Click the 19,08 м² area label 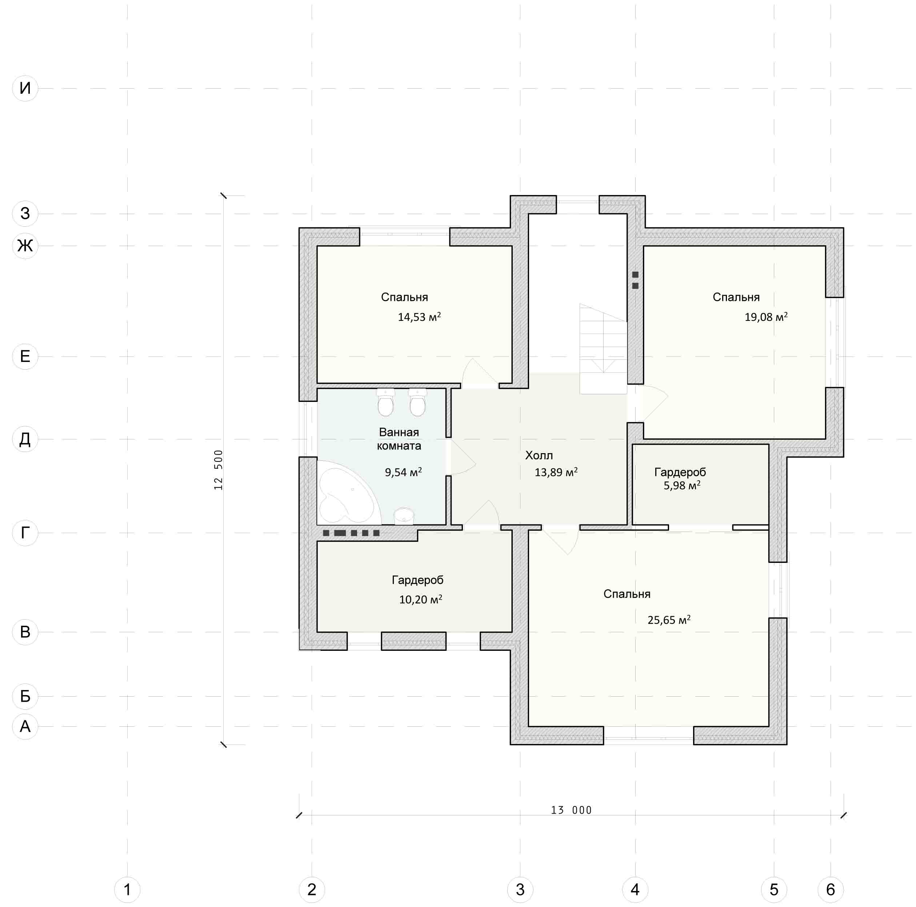(x=766, y=317)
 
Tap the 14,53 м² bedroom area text (x=419, y=317)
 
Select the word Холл (x=539, y=455)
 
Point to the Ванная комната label (x=399, y=439)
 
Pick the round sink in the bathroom (x=404, y=516)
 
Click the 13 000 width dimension (x=571, y=810)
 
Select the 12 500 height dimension (x=218, y=469)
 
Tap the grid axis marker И (x=25, y=88)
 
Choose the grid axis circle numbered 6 (x=831, y=890)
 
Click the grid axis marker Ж (x=25, y=246)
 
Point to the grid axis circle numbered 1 (x=127, y=890)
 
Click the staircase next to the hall (x=603, y=349)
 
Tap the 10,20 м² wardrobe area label (x=420, y=600)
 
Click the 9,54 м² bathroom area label (x=403, y=472)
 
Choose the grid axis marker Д (x=25, y=439)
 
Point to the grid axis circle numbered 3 (x=520, y=890)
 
